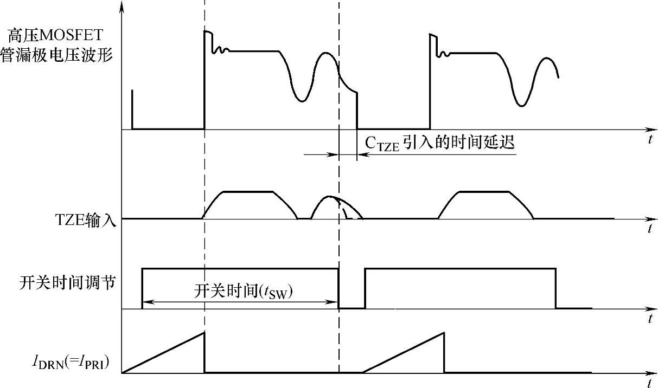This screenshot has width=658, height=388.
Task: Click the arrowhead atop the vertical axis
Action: point(123,7)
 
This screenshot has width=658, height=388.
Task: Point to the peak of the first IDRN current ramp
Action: point(204,332)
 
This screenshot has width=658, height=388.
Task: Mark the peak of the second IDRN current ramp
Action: point(444,332)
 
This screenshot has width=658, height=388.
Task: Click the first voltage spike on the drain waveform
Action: point(206,32)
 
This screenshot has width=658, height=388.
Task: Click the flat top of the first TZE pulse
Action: point(248,192)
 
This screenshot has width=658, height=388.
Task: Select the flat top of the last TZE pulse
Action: point(484,192)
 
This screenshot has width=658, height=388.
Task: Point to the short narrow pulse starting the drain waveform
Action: point(132,108)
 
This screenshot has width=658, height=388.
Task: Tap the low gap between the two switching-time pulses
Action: point(352,307)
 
